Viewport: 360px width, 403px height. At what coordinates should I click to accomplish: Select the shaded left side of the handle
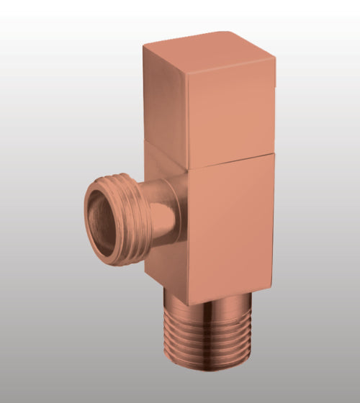click(165, 97)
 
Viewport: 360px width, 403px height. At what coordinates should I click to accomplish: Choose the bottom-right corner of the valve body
click(273, 278)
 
